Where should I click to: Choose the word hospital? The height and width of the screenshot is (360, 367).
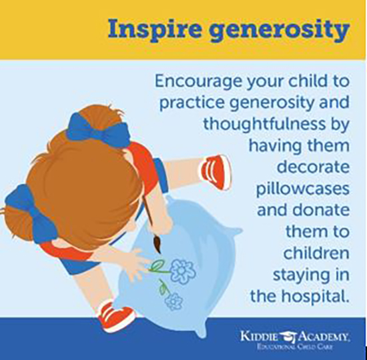click(315, 297)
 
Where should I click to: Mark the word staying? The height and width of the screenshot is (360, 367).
click(297, 275)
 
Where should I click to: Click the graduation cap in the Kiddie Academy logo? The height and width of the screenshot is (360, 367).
click(288, 337)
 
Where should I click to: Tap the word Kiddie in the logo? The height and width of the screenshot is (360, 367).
click(259, 337)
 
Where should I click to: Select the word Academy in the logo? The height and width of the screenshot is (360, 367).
click(324, 337)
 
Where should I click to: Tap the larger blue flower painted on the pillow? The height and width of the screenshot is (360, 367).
click(182, 271)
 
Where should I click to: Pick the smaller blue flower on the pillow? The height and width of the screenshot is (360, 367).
click(174, 301)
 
